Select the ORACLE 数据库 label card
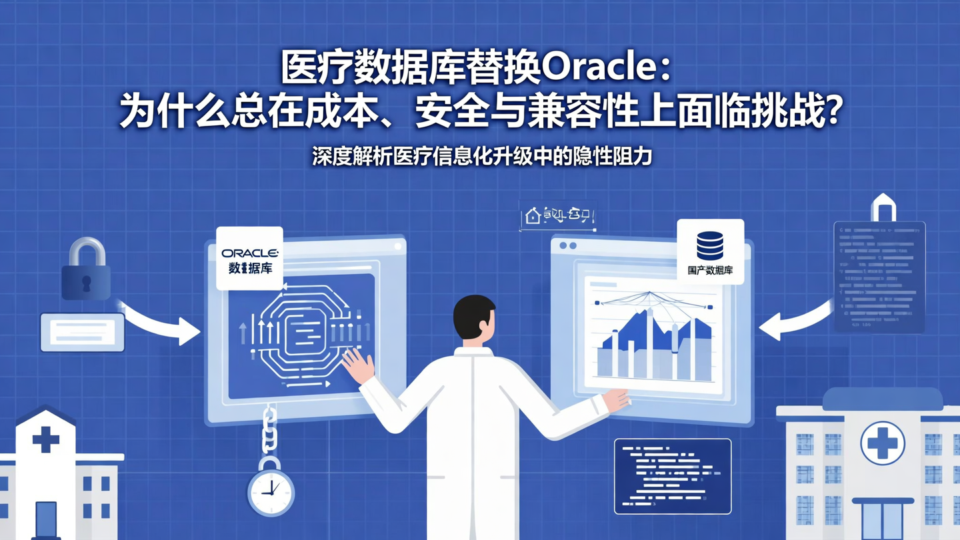coord(249,259)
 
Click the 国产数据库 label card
coord(710,252)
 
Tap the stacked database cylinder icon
coord(710,245)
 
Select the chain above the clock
coord(269,431)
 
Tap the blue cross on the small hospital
coord(46,439)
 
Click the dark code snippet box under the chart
coord(672,476)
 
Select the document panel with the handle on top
coord(879,276)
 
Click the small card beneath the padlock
coord(83,332)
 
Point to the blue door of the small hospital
coord(46,520)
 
